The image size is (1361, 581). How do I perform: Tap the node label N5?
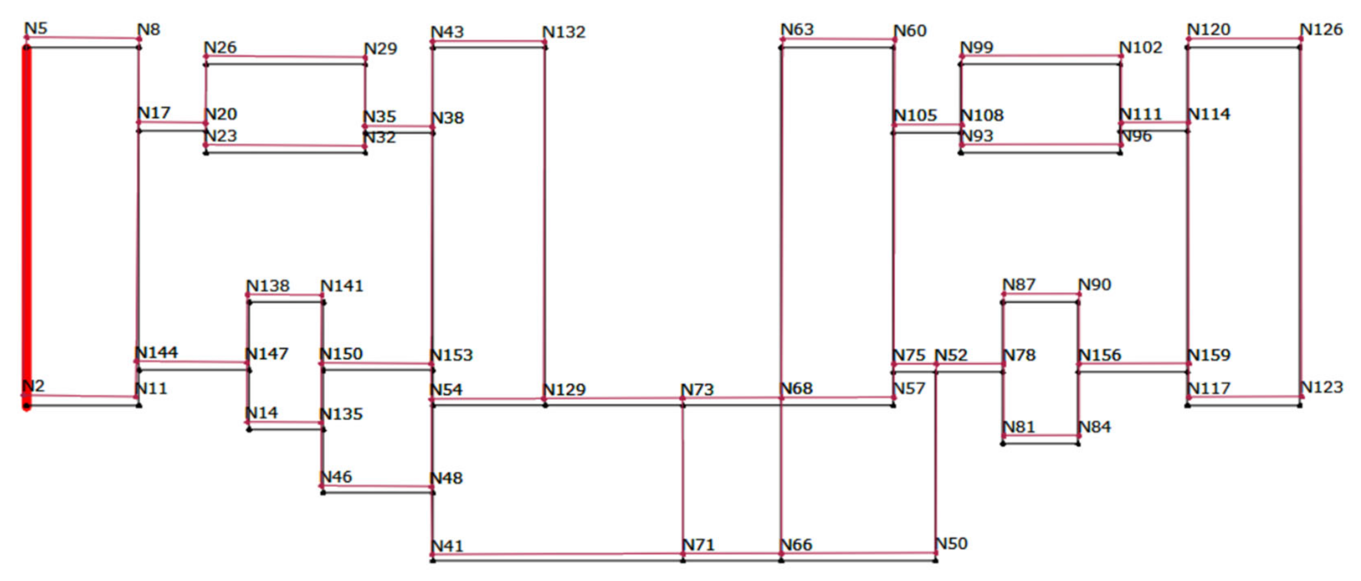[x=36, y=28]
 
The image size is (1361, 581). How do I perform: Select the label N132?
[x=564, y=32]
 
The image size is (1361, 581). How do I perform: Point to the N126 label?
[x=1321, y=30]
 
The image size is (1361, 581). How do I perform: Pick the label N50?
[x=951, y=544]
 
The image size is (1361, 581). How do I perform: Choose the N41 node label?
[x=447, y=546]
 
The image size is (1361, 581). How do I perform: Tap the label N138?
[x=268, y=286]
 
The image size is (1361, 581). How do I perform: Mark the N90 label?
[x=1094, y=285]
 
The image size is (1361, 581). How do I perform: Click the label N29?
[x=380, y=49]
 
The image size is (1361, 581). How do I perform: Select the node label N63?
[x=797, y=30]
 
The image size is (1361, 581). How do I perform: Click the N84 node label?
[x=1094, y=427]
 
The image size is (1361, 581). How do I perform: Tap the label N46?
[x=336, y=477]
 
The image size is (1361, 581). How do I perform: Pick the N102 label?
[x=1141, y=48]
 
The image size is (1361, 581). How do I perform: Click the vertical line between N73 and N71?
[x=683, y=476]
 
